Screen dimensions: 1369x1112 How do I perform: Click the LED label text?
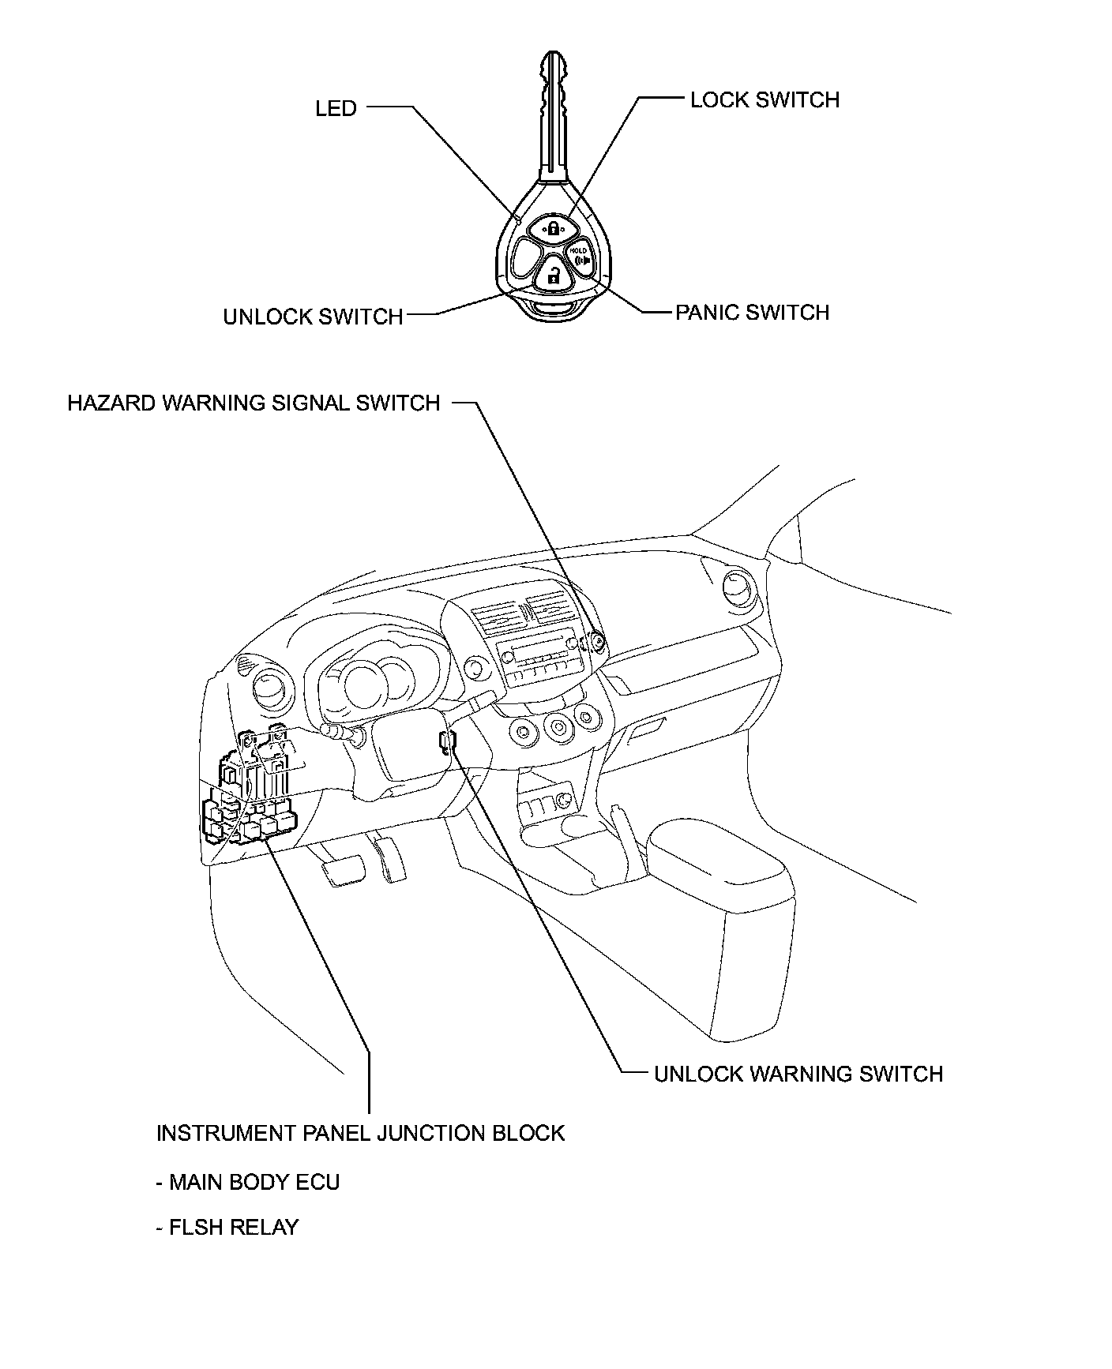(x=336, y=108)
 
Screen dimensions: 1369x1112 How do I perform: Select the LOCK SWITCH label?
(x=764, y=100)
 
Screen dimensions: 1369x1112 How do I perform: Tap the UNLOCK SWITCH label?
(x=313, y=317)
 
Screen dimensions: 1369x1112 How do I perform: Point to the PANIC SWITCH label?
(x=752, y=313)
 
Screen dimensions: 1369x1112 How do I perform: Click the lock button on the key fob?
(x=553, y=228)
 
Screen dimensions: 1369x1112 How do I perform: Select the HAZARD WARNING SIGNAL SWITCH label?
(x=254, y=403)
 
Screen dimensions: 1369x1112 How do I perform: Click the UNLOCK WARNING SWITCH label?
(x=798, y=1074)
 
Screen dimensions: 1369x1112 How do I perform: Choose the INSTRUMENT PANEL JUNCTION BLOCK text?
(x=360, y=1133)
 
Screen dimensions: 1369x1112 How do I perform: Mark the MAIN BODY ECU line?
(x=248, y=1182)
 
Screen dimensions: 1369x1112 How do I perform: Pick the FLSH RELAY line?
(x=227, y=1227)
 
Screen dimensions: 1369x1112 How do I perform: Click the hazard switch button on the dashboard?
(x=598, y=643)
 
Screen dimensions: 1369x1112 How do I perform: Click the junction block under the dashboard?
(x=253, y=790)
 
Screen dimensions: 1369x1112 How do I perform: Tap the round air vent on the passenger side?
(x=738, y=588)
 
